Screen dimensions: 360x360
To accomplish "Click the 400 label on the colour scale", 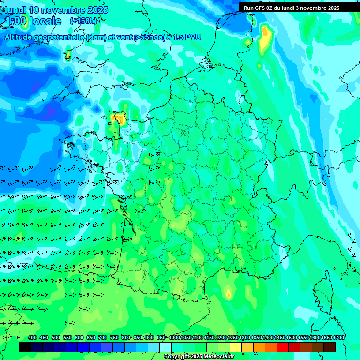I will coord(32,337).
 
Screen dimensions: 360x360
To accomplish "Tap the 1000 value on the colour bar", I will coord(174,337).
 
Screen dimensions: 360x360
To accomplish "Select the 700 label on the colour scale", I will coord(103,337).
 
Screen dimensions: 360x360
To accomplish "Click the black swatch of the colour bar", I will coord(25,347).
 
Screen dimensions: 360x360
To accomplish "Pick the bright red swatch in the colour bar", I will coord(283,347).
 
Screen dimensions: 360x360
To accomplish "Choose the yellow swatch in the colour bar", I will coord(236,347).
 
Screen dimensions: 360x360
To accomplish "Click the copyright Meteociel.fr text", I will coord(198,357).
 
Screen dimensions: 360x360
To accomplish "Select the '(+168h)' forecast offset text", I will coord(83,21).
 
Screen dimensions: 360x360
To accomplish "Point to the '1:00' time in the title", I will coord(15,21).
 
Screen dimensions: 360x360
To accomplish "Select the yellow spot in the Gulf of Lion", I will coord(228,294).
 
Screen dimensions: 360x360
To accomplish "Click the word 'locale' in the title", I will coord(45,21).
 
